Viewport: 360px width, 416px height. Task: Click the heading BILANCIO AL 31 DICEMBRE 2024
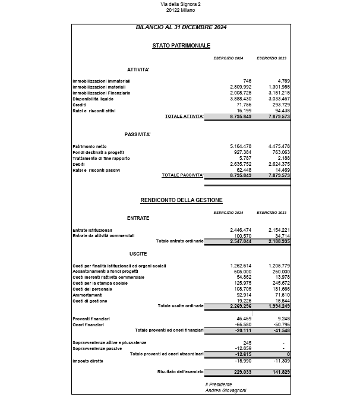pyautogui.click(x=181, y=27)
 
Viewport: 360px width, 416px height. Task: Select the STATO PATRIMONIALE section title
pyautogui.click(x=181, y=46)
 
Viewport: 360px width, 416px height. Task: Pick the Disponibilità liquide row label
pyautogui.click(x=93, y=99)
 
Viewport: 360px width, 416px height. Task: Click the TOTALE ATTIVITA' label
pyautogui.click(x=184, y=116)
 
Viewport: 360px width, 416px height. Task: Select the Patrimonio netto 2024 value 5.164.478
pyautogui.click(x=241, y=146)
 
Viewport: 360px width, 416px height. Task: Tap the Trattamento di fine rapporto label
pyautogui.click(x=102, y=158)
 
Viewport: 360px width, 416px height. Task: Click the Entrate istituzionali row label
pyautogui.click(x=92, y=230)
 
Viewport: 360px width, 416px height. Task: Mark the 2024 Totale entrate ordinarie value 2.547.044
pyautogui.click(x=241, y=242)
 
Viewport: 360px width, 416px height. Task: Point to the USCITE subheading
pyautogui.click(x=138, y=254)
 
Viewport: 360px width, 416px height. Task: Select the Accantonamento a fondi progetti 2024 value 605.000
pyautogui.click(x=242, y=271)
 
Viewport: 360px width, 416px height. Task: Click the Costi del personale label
pyautogui.click(x=92, y=289)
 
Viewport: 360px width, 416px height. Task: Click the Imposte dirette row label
pyautogui.click(x=89, y=361)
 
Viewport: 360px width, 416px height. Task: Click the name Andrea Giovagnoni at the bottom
pyautogui.click(x=226, y=390)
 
